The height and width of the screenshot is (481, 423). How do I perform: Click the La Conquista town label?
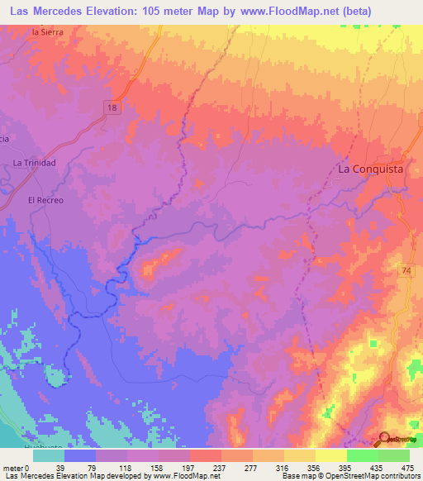coord(371,169)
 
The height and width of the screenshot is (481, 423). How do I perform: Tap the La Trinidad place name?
coord(34,163)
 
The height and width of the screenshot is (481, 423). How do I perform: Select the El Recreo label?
coord(45,200)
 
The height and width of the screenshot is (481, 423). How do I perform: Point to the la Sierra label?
coord(46,31)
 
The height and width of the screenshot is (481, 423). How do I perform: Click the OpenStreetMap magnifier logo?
coord(386,440)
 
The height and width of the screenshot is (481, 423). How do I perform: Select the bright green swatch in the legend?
coord(362,455)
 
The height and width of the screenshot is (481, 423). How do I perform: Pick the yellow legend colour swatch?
coord(330,455)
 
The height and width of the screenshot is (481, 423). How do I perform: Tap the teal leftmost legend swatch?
coord(49,455)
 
